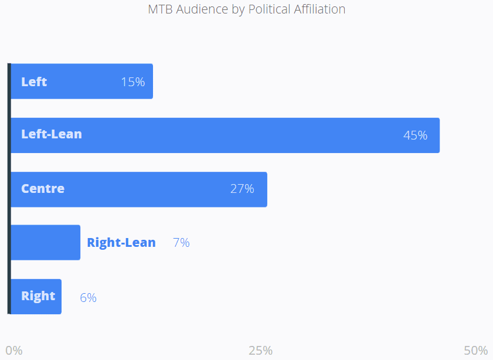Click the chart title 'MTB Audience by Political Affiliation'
click(246, 9)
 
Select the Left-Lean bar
click(234, 135)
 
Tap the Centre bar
click(147, 189)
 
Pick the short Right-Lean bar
click(46, 242)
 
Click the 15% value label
click(132, 82)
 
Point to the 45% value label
click(415, 135)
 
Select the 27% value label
click(242, 189)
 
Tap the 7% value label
click(181, 242)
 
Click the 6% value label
click(88, 297)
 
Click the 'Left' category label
click(34, 81)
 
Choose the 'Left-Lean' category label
click(52, 134)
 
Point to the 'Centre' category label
click(43, 189)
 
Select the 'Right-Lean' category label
click(121, 242)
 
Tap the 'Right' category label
click(38, 296)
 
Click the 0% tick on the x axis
click(14, 351)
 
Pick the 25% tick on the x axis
click(260, 351)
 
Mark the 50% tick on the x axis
click(475, 351)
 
